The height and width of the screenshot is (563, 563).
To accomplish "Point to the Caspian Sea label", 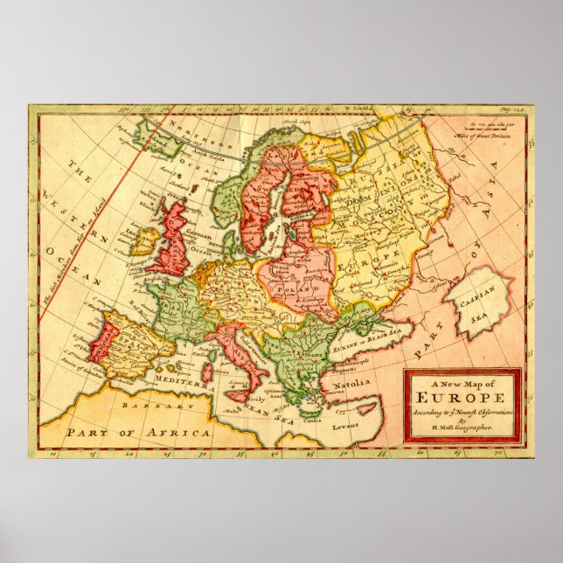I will [x=479, y=302].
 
